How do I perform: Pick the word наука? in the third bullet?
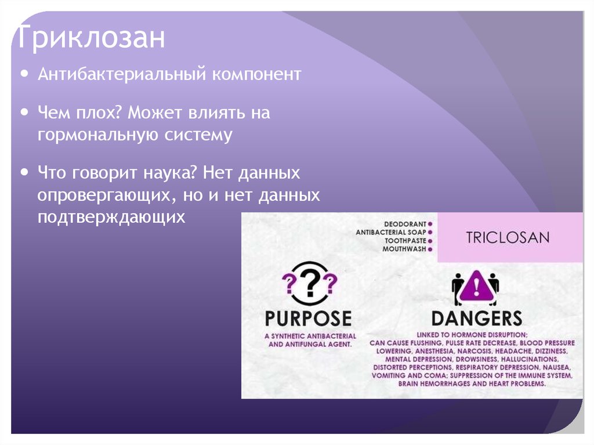(x=177, y=173)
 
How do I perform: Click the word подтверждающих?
(x=111, y=218)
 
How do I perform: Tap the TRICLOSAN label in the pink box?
(x=508, y=237)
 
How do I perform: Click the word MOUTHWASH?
(x=404, y=249)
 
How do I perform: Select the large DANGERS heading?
(x=476, y=318)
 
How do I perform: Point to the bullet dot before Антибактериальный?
(x=24, y=74)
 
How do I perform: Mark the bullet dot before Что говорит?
(x=24, y=172)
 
